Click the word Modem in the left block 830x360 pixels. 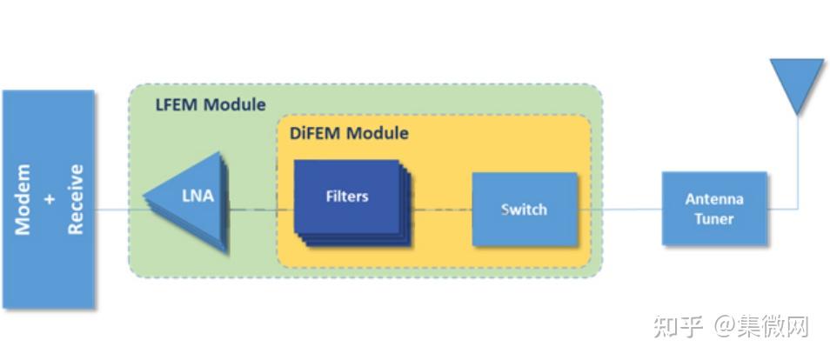click(x=23, y=200)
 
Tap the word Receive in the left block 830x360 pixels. click(x=76, y=200)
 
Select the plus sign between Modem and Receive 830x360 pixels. click(x=50, y=200)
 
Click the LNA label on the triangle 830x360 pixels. click(x=198, y=196)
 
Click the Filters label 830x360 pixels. click(x=347, y=197)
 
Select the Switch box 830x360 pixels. click(x=525, y=209)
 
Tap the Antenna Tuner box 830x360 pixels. click(x=714, y=209)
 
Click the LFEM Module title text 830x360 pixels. click(x=211, y=104)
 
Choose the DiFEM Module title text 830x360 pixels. click(x=349, y=133)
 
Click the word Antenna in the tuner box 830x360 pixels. click(x=714, y=199)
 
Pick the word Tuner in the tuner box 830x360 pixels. click(x=714, y=218)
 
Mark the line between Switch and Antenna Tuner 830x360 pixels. click(x=619, y=209)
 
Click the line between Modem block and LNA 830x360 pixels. click(x=120, y=210)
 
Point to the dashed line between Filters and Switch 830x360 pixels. click(x=441, y=210)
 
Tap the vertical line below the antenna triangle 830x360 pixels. click(x=798, y=162)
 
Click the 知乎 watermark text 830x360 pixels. click(x=678, y=327)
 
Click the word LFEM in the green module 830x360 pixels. click(x=177, y=104)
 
